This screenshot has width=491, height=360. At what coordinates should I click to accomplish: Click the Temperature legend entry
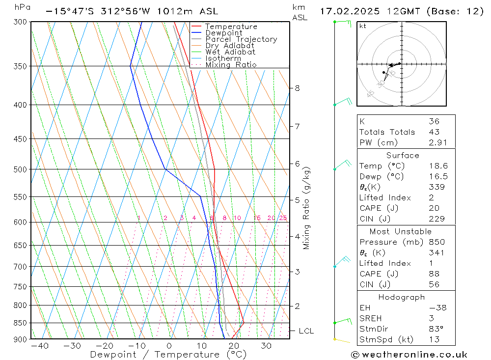[x=231, y=27]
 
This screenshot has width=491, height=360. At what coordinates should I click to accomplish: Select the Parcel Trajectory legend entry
[x=241, y=39]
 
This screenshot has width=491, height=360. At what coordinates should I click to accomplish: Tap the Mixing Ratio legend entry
[x=231, y=65]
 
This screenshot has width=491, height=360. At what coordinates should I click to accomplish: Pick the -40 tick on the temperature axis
[x=39, y=346]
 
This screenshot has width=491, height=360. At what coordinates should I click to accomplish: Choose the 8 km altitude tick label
[x=297, y=88]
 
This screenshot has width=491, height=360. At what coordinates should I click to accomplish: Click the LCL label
[x=306, y=331]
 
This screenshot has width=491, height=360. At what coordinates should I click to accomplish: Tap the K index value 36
[x=434, y=121]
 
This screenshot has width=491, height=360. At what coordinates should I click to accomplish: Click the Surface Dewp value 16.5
[x=438, y=176]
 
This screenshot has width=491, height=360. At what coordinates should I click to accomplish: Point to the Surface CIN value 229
[x=436, y=219]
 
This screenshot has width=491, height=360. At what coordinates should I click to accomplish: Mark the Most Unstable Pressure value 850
[x=436, y=242]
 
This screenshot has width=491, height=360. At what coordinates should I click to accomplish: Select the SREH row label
[x=370, y=318]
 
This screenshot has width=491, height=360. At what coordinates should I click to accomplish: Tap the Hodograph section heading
[x=402, y=297]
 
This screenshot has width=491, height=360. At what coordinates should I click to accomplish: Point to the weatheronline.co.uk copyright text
[x=409, y=355]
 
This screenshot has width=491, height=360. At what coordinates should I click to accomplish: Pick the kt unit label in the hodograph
[x=362, y=26]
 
